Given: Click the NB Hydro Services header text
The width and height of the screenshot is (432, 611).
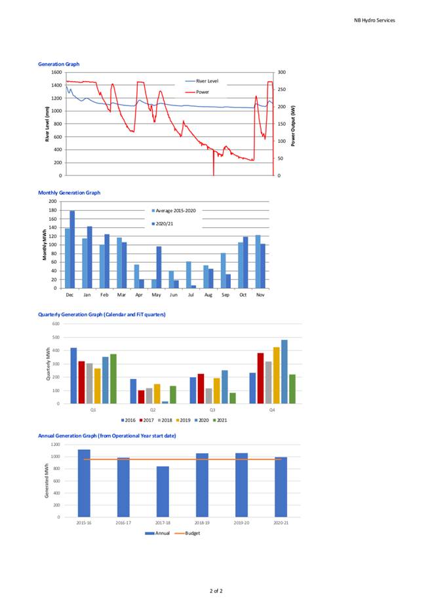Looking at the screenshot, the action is pos(374,20).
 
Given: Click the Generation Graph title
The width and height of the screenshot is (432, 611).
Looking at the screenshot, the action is pos(59,64).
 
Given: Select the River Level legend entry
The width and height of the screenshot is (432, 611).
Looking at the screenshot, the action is pos(202,81).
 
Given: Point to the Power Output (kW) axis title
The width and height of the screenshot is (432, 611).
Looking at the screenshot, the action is pos(293,126).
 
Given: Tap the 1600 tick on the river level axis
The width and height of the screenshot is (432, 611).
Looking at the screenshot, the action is pos(56,73).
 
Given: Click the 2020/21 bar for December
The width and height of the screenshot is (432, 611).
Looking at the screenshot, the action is pos(72,250).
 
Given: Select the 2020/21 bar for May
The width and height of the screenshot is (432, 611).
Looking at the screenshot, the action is pos(159,267).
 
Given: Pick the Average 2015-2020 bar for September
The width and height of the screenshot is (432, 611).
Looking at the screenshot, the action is pos(224,271).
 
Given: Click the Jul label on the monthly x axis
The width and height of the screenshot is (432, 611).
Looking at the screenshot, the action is pos(191,295).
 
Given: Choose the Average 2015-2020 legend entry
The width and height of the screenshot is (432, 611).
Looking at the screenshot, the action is pos(174,211).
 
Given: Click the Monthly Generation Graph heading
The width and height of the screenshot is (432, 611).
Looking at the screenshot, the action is pos(69,193).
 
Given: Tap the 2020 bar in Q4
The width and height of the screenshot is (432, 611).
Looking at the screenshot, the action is pos(285,372).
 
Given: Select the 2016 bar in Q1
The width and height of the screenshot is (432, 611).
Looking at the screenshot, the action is pos(73,376).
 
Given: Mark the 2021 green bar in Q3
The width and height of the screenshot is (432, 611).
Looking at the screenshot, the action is pos(233,398).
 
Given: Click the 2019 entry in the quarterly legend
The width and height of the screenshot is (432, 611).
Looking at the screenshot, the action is pos(183,420).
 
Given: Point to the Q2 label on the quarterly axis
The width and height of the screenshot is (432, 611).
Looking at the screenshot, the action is pos(153,410).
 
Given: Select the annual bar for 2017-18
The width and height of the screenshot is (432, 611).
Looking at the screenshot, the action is pos(163,492).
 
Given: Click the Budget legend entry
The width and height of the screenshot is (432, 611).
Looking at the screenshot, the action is pos(187,533).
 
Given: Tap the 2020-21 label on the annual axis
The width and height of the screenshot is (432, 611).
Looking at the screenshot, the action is pos(281,523).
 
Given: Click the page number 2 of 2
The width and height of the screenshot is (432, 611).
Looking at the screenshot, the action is pos(216,591).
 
